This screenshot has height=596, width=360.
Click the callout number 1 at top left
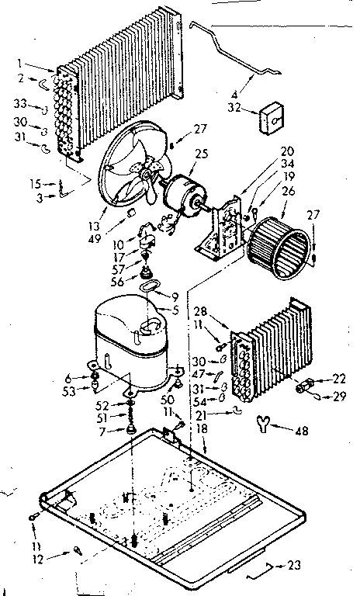click(29, 64)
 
